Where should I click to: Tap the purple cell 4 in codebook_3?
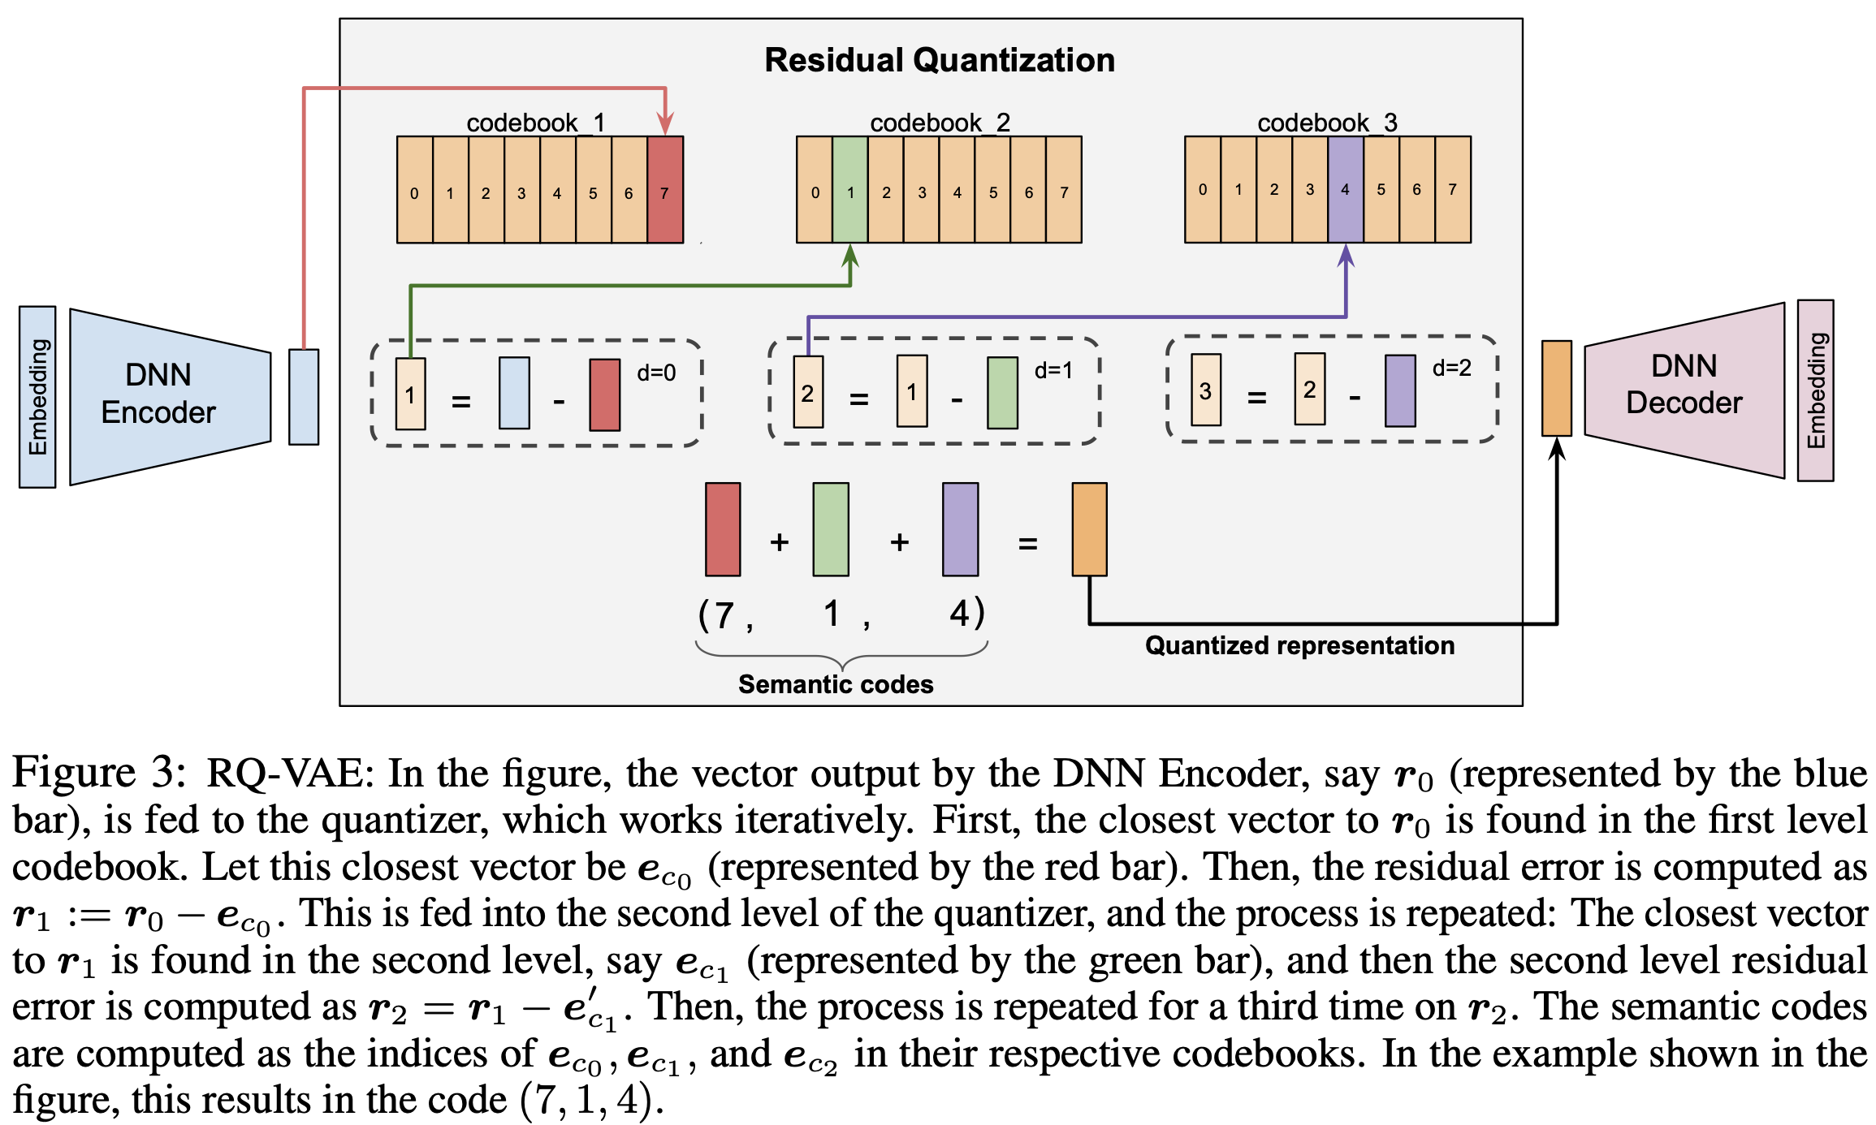tap(1345, 190)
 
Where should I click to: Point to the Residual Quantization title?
tap(940, 61)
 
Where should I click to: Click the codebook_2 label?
tap(940, 123)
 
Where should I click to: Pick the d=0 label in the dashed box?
tap(656, 373)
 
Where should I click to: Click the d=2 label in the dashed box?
tap(1452, 369)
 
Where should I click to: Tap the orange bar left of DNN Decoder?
tap(1556, 388)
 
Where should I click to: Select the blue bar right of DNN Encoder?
tap(304, 397)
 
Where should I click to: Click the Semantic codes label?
tap(836, 684)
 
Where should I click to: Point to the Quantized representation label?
tap(1299, 645)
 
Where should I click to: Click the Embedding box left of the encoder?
tap(37, 397)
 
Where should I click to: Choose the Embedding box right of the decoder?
tap(1816, 390)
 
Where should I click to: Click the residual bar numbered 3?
tap(1205, 390)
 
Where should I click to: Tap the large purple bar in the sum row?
tap(960, 529)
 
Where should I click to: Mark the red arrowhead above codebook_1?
tap(665, 124)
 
